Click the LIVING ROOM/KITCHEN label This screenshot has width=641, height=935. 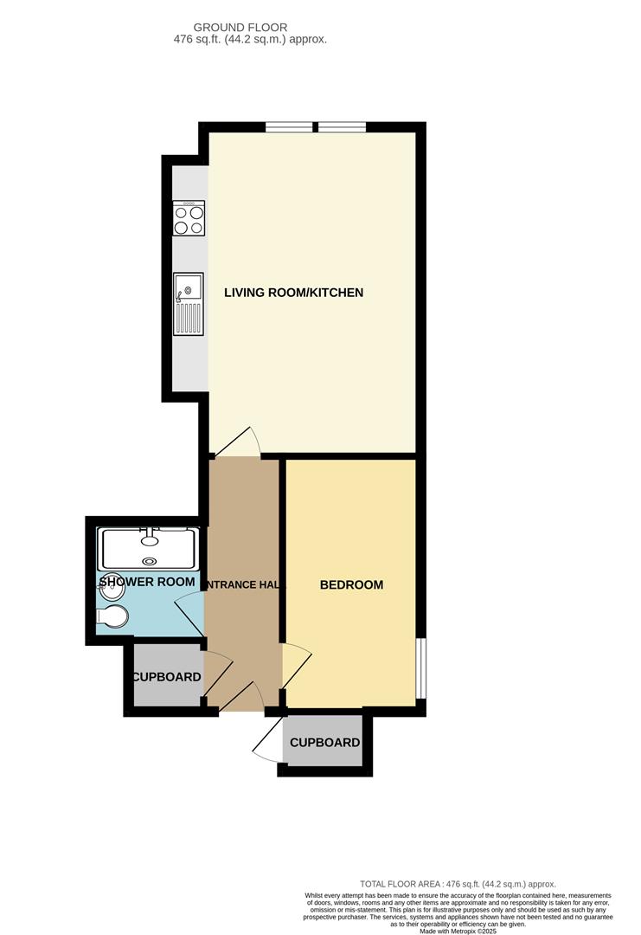(293, 293)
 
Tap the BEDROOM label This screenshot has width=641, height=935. (351, 585)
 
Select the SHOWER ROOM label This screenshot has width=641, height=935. (146, 582)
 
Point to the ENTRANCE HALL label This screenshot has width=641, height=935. (243, 585)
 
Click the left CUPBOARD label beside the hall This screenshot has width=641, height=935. (166, 677)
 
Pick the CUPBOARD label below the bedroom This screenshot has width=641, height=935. (324, 743)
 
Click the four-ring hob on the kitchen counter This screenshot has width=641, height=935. (189, 217)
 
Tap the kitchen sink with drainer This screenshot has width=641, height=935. (188, 304)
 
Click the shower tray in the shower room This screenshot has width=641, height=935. (151, 548)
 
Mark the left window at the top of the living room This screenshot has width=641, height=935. (289, 127)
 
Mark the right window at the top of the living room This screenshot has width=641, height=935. (342, 127)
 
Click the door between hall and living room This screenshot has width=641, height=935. (240, 442)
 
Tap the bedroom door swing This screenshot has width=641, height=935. (295, 666)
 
